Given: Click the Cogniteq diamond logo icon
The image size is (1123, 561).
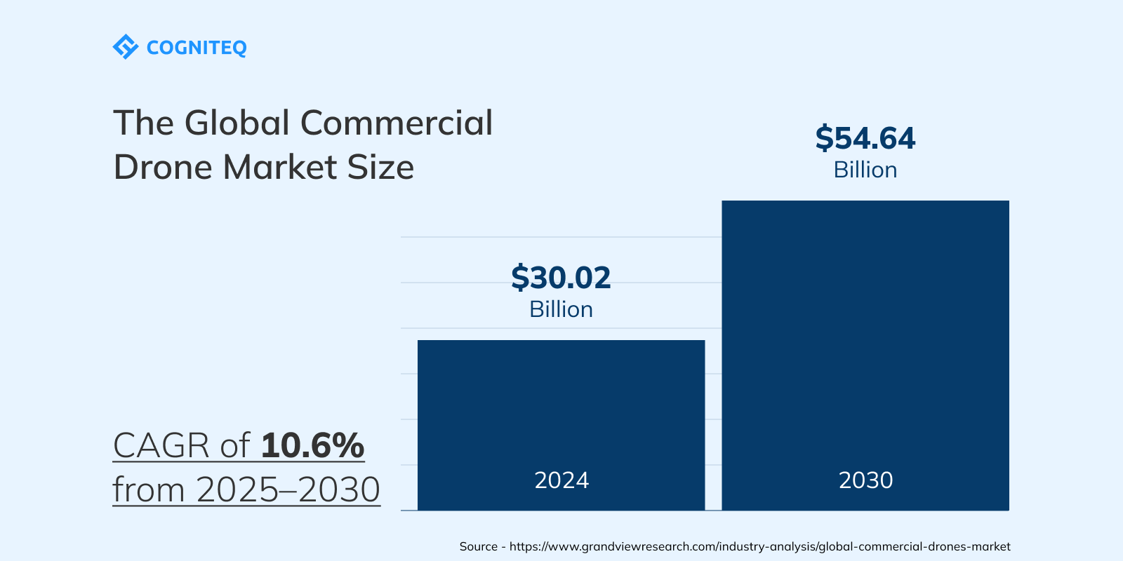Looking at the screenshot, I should click(x=126, y=47).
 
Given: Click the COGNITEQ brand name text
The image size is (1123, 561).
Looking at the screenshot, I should click(x=197, y=48).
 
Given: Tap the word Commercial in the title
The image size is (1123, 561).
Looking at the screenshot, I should click(x=397, y=123).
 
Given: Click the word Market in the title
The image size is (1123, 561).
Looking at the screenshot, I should click(x=280, y=168).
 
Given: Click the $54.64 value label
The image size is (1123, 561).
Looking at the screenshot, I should click(x=865, y=138).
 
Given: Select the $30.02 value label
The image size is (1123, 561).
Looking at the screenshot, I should click(x=561, y=278).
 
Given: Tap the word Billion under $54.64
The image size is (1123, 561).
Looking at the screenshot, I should click(x=865, y=170).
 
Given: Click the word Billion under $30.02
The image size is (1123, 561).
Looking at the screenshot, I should click(x=561, y=309).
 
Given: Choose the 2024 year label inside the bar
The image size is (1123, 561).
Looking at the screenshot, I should click(x=561, y=480).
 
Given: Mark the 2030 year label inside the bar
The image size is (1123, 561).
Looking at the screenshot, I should click(x=865, y=480).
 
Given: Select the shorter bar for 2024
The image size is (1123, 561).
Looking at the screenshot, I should click(x=561, y=407).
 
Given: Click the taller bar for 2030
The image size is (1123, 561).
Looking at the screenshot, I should click(x=865, y=337).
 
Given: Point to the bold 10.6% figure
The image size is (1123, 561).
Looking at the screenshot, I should click(x=312, y=445).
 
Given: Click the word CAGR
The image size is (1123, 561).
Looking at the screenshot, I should click(x=161, y=445).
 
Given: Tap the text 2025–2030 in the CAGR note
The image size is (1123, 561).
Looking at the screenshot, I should click(x=288, y=489).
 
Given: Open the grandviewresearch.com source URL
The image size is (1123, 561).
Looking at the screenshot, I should click(x=759, y=546).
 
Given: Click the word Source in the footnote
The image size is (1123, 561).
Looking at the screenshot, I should click(x=478, y=546).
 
